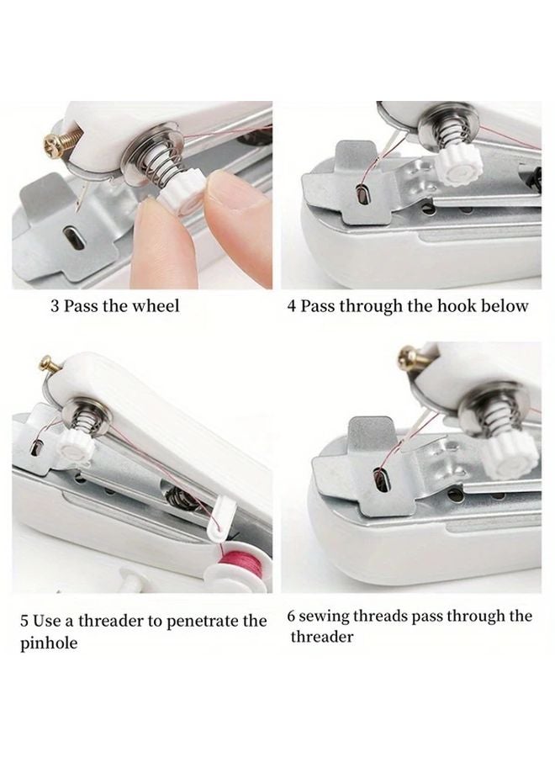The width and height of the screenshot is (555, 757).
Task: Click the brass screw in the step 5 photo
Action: tap(46, 364)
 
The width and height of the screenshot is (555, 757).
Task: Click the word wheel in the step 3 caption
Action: tap(157, 305)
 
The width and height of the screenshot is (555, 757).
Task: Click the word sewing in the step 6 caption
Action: tap(328, 617)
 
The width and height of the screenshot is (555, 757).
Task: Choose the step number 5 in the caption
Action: tap(25, 622)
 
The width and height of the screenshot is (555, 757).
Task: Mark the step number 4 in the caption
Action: tap(292, 305)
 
